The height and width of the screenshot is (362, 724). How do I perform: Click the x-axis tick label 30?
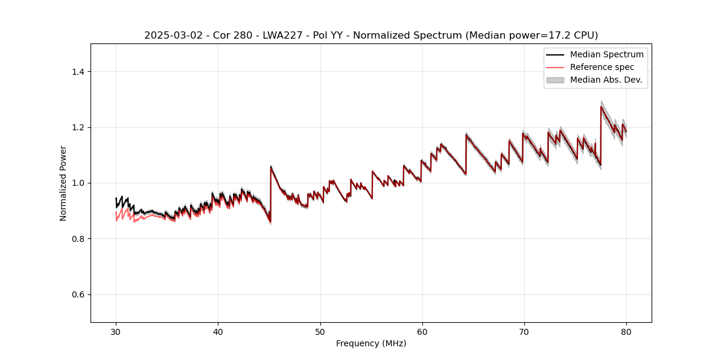coord(116,332)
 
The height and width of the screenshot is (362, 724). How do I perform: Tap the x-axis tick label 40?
coord(218,332)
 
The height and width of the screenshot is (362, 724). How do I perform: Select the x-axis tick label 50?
coord(320,332)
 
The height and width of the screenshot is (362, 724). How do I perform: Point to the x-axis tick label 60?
coord(422,332)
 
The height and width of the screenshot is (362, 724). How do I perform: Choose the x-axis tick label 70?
coord(524,332)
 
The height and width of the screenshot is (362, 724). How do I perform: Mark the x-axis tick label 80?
coord(626,332)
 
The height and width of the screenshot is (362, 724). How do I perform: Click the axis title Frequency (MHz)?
coord(371,343)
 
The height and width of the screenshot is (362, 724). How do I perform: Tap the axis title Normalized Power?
coord(63,183)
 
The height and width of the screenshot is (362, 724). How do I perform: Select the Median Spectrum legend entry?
coord(606,54)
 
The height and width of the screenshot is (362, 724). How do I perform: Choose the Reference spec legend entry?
coord(602,67)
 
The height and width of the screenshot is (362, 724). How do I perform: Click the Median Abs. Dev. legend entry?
coord(606,80)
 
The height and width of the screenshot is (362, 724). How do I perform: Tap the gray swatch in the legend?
coord(555,80)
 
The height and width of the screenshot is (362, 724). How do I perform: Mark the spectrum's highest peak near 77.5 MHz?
coord(601,107)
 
